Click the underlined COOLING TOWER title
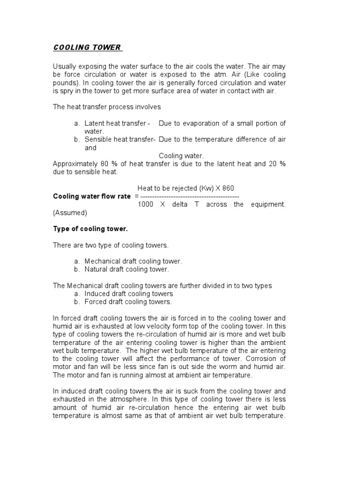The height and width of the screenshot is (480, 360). [87, 47]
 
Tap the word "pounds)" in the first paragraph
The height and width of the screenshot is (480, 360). [65, 83]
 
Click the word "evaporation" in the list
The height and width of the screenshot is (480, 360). [203, 123]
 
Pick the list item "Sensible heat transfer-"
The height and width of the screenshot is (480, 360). [120, 139]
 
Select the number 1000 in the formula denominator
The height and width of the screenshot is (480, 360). [145, 204]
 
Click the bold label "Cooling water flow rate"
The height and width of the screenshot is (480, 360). [91, 196]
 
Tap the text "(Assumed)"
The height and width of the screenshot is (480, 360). [70, 212]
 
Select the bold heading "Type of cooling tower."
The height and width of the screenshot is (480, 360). [90, 229]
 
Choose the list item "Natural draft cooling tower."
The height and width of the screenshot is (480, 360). [127, 269]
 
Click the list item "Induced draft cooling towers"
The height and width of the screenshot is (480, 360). [129, 293]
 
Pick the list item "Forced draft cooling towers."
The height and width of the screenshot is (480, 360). [128, 301]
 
